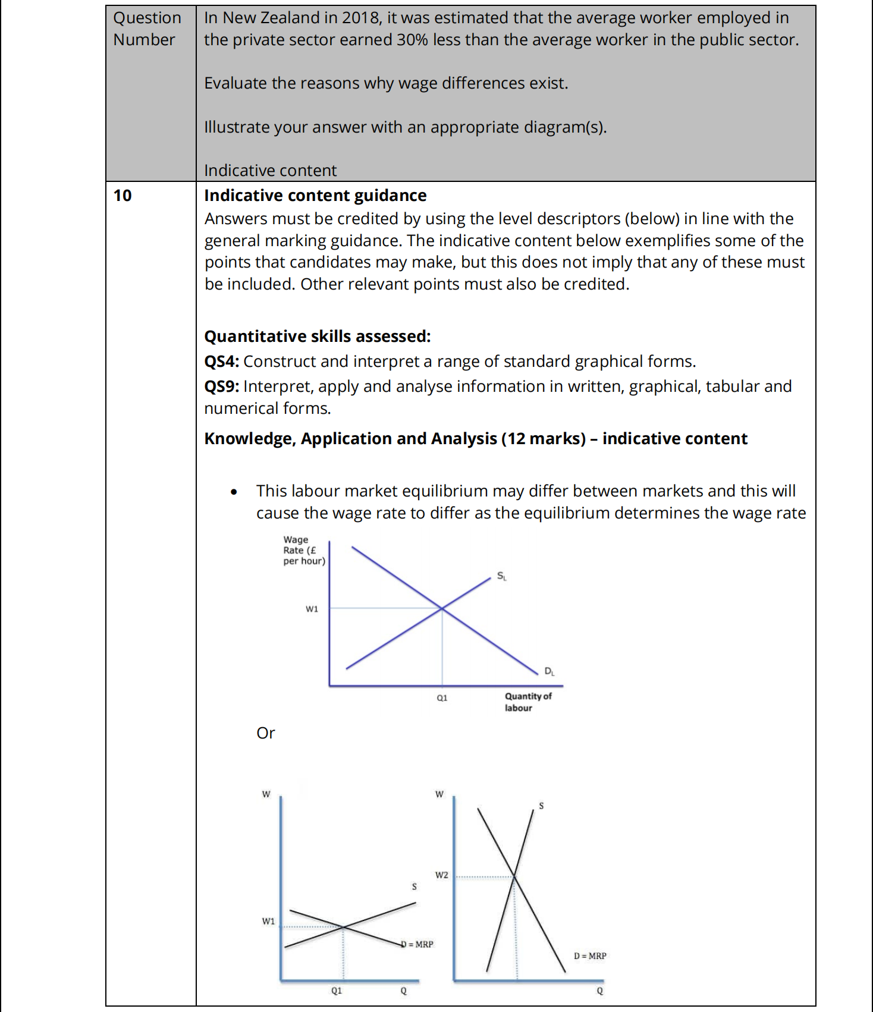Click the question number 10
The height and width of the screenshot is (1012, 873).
click(123, 196)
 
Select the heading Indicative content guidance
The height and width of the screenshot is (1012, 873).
click(315, 196)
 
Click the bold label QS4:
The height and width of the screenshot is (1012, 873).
click(221, 362)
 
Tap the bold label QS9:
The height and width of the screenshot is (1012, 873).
click(221, 386)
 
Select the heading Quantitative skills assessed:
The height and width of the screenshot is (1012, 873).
click(317, 337)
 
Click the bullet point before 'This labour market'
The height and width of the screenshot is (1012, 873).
click(234, 492)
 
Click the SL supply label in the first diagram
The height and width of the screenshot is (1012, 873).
click(501, 576)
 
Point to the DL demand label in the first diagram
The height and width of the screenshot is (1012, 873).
click(549, 671)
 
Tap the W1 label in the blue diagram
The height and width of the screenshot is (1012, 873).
click(312, 609)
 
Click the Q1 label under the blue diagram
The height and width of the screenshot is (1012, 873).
click(442, 698)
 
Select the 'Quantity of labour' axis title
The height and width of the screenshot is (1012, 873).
click(527, 702)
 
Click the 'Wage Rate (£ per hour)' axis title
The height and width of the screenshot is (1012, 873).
click(303, 550)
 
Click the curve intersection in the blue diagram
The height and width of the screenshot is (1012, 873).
click(442, 608)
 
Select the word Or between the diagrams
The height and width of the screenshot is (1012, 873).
click(265, 733)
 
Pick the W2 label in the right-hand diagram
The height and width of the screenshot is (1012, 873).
click(441, 875)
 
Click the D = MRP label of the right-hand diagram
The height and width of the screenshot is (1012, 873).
click(590, 956)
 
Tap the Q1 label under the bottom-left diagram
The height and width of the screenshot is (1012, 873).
click(337, 991)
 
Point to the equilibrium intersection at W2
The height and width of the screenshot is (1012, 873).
click(515, 876)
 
